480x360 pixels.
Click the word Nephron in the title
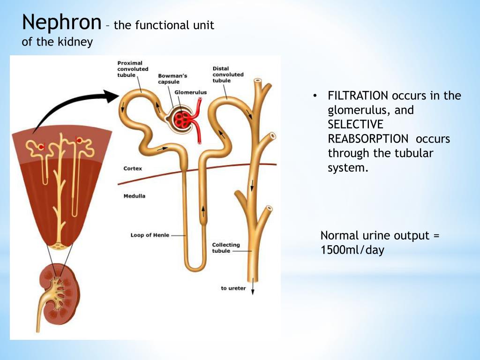61,22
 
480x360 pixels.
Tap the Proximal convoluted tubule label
133,69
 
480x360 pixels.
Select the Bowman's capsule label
172,79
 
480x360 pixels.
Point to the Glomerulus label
190,92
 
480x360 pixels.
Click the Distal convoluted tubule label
228,75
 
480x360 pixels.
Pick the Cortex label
133,168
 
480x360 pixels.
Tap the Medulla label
134,196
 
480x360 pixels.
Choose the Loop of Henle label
150,235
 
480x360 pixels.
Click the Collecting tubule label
225,247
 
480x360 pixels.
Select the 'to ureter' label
233,288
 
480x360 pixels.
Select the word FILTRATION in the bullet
358,96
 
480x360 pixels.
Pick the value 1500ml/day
352,250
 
